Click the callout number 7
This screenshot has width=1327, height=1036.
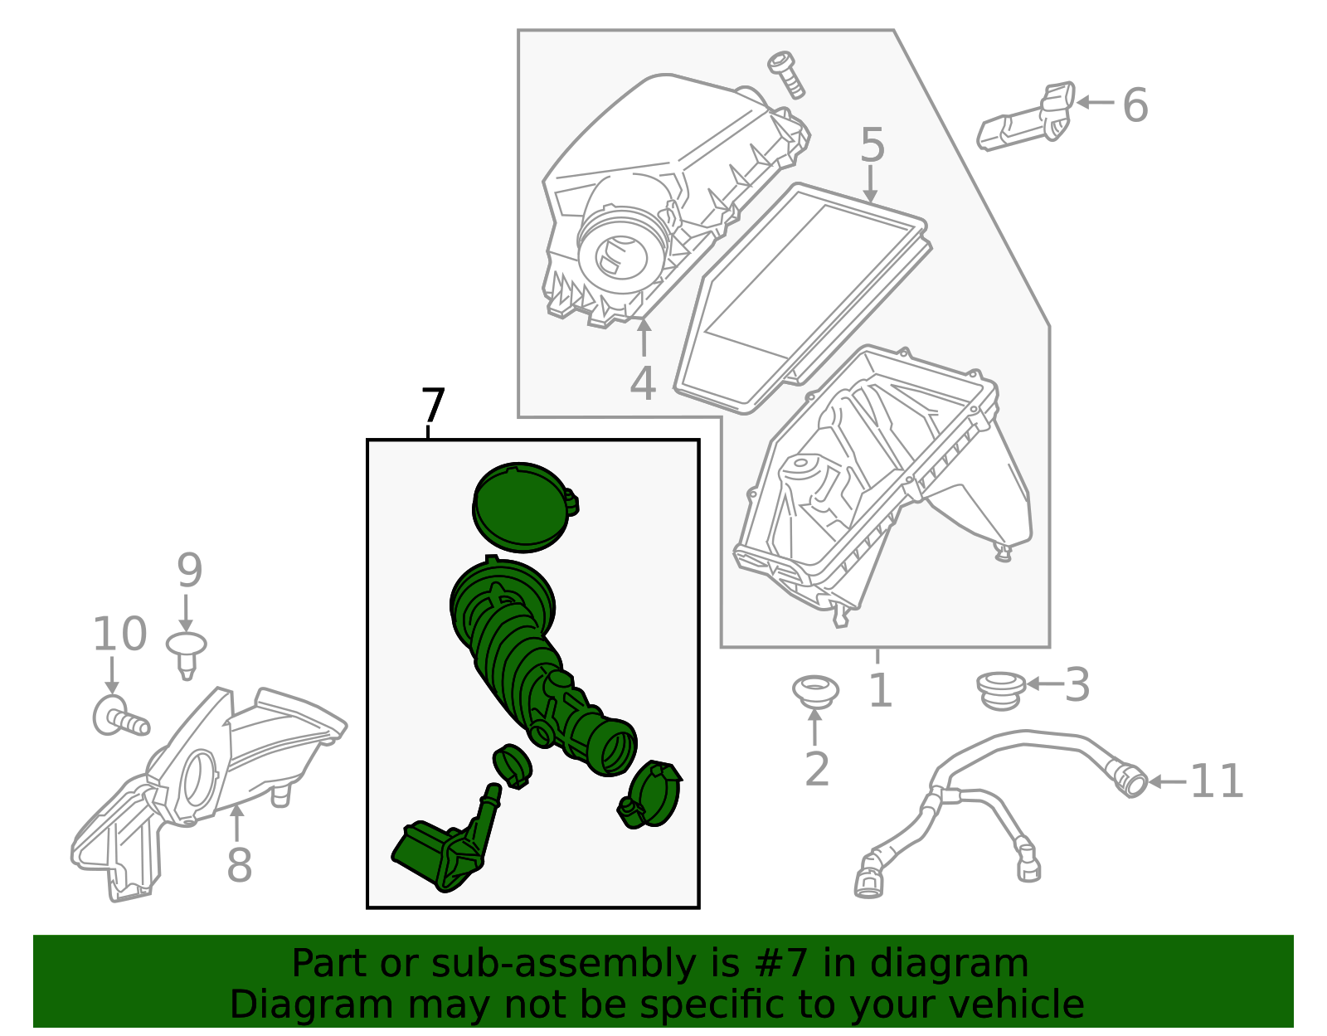433,406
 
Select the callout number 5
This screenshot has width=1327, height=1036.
872,144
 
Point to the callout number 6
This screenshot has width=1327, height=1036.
1135,105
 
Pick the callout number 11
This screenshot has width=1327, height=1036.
1217,781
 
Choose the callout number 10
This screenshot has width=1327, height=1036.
119,633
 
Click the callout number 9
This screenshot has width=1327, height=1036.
189,570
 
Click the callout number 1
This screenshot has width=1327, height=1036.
881,690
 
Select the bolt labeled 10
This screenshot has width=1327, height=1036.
120,716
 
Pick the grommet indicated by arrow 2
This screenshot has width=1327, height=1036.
815,692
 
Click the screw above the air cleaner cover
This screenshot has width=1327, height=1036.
786,75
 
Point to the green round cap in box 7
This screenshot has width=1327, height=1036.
525,507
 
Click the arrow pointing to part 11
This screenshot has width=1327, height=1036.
1167,781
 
